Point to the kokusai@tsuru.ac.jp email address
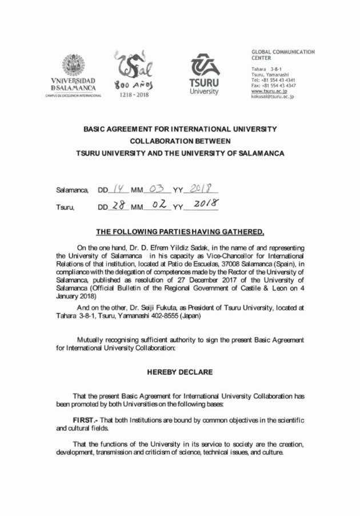[273, 97]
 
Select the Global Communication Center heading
[283, 55]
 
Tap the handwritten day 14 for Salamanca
[118, 188]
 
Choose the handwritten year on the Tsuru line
[203, 205]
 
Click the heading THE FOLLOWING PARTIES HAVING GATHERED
[180, 232]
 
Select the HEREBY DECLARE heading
[180, 372]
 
